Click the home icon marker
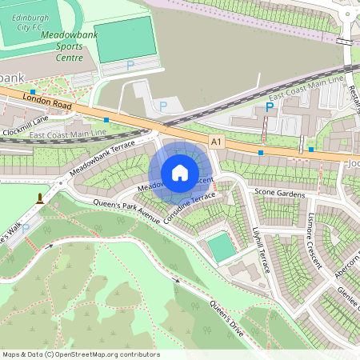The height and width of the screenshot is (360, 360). point(180,172)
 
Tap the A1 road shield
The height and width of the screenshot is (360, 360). point(215,141)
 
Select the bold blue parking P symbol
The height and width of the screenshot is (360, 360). point(270,106)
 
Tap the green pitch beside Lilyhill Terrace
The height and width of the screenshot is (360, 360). point(223,247)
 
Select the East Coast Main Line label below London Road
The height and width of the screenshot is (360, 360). point(67,134)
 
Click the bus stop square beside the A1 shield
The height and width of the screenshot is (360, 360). point(260,151)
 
